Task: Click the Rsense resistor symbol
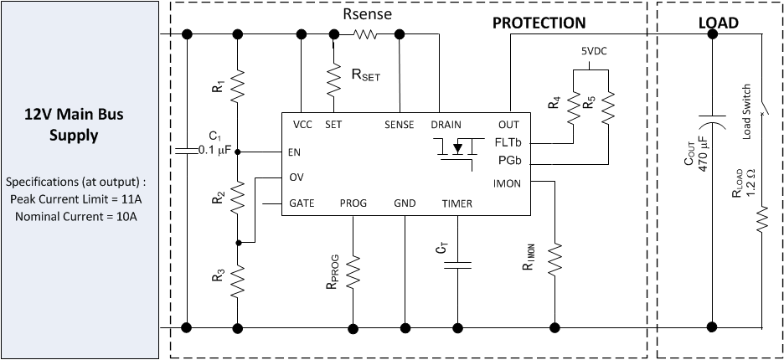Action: [x=366, y=34]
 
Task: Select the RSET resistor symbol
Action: [x=334, y=79]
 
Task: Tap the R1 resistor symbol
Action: [x=238, y=84]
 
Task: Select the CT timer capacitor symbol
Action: [x=458, y=265]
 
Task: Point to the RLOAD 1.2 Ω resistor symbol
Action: [x=763, y=221]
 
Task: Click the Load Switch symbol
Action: [x=763, y=109]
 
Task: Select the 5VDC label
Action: [x=596, y=51]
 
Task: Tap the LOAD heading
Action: [x=718, y=23]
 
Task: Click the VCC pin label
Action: [x=302, y=124]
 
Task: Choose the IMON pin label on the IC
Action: [x=509, y=183]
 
